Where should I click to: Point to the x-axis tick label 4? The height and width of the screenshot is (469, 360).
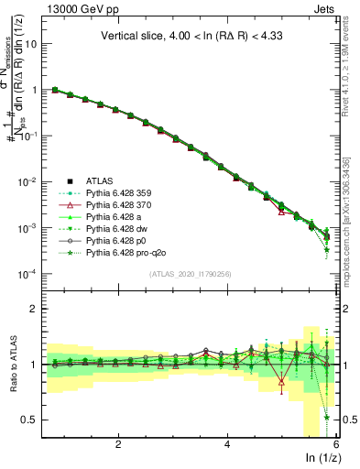click(x=227, y=444)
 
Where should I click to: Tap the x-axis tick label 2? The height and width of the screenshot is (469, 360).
click(x=118, y=444)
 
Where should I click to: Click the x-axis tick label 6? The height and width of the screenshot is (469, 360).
click(x=335, y=444)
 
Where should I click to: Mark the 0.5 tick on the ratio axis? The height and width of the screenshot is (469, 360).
click(x=30, y=420)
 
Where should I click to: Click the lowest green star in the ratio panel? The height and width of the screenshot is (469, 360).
click(x=327, y=418)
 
